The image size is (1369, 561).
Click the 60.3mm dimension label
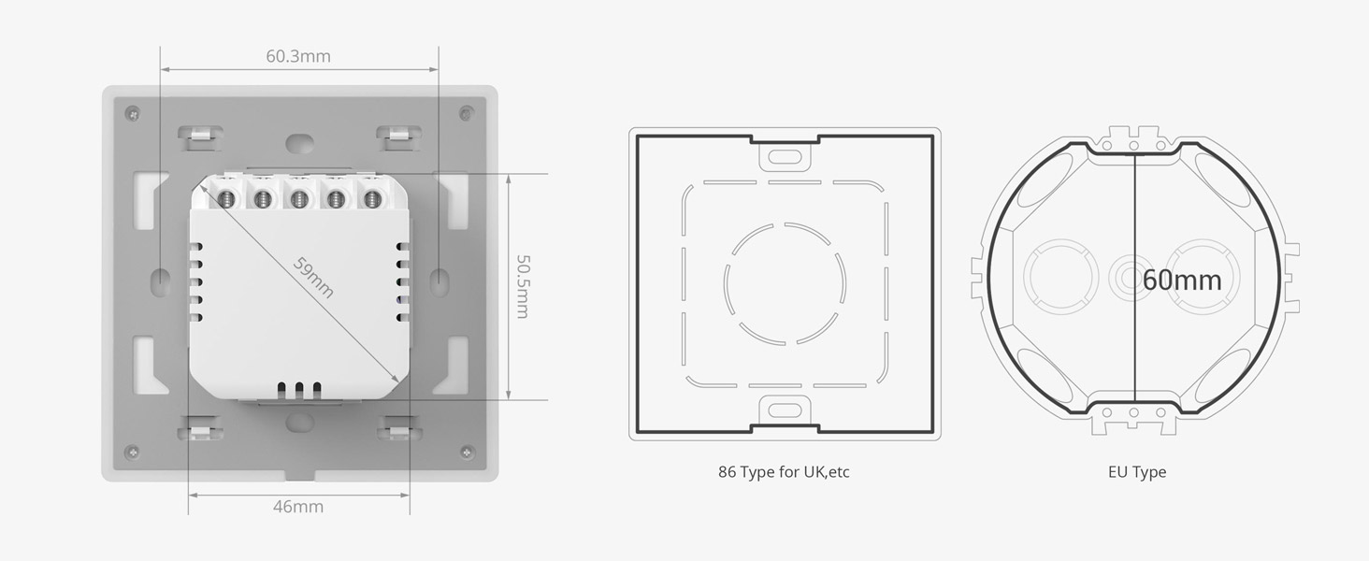(297, 56)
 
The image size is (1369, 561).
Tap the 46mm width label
(297, 507)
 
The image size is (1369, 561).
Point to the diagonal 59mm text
(313, 277)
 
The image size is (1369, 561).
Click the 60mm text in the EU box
(1182, 280)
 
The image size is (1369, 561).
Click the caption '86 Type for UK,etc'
(784, 472)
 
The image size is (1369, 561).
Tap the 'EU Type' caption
(1137, 472)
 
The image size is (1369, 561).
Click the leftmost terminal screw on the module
(225, 198)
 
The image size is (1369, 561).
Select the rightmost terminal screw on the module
(372, 198)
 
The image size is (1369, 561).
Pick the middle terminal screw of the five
(299, 198)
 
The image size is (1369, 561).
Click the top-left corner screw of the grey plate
(133, 114)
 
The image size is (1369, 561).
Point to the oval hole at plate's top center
(299, 144)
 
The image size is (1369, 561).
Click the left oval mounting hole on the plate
(160, 280)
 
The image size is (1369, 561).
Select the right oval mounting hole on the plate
(439, 280)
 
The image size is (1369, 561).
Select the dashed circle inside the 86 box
(785, 280)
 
